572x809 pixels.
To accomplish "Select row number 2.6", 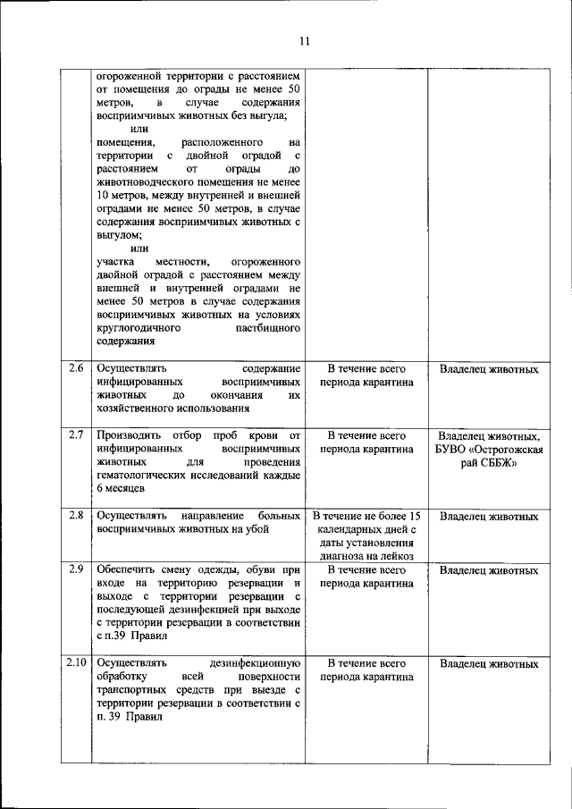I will [76, 368].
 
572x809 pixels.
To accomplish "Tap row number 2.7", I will [76, 435].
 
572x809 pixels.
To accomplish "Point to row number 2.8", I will [76, 516].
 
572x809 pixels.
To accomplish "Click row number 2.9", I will [76, 569].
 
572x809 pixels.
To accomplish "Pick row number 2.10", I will [76, 663].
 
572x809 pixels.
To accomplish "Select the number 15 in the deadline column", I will [413, 516].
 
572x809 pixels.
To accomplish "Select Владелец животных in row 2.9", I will [489, 569].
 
